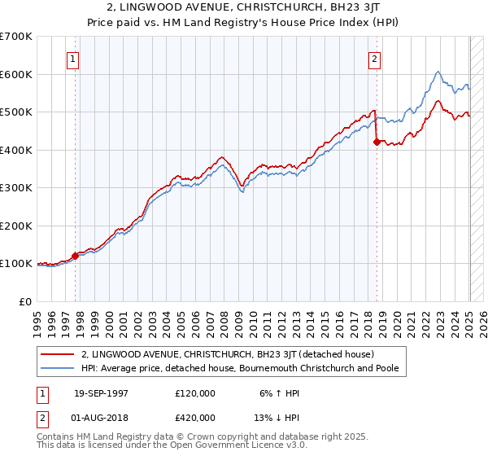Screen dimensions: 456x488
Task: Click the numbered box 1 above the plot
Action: [x=73, y=59]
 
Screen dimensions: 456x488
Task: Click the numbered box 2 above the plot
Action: [x=374, y=59]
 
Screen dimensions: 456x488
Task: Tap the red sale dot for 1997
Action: [x=75, y=256]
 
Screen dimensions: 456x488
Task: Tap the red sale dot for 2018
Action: [x=377, y=142]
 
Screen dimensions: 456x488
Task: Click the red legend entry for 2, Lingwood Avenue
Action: [x=227, y=355]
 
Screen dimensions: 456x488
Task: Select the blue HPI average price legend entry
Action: [x=244, y=369]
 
